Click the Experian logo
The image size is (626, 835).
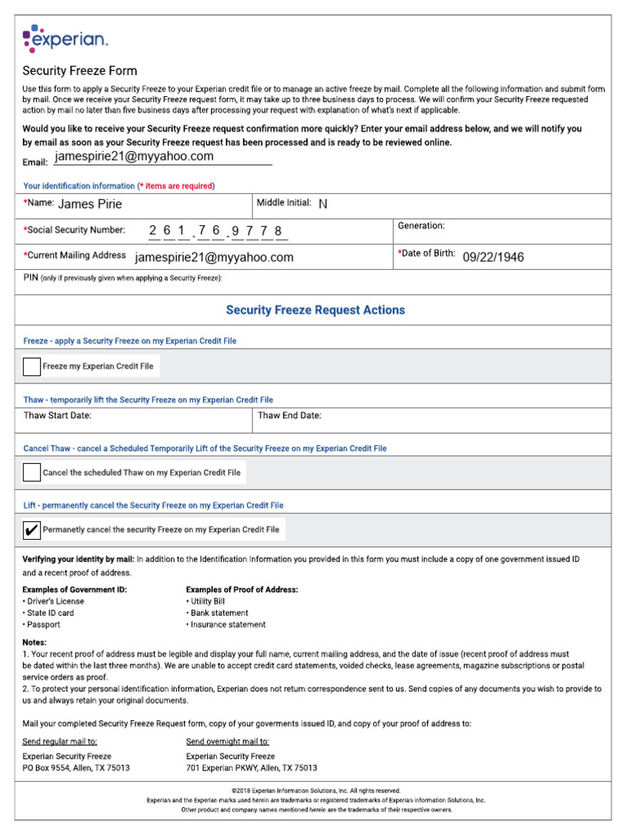tap(64, 38)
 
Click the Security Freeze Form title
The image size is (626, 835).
tap(80, 71)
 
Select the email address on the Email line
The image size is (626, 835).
tap(134, 157)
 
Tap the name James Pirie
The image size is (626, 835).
tap(90, 204)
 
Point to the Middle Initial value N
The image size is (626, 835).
tap(323, 204)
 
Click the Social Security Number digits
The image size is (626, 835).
tap(216, 231)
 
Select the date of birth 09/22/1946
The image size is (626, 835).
tap(493, 257)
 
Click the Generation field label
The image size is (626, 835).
tap(421, 225)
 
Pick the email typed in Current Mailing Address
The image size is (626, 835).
tap(214, 257)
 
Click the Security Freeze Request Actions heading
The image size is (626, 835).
tap(315, 310)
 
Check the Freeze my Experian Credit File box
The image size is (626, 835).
tap(32, 367)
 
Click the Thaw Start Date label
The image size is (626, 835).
tap(57, 416)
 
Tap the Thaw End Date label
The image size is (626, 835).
tap(289, 416)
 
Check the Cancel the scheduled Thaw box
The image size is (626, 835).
tap(32, 472)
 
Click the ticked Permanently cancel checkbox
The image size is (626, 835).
tap(32, 529)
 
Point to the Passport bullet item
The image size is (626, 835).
tap(43, 625)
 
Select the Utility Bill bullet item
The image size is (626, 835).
tap(207, 601)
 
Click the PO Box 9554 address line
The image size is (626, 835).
tap(76, 768)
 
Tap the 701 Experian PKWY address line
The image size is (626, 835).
tap(251, 768)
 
